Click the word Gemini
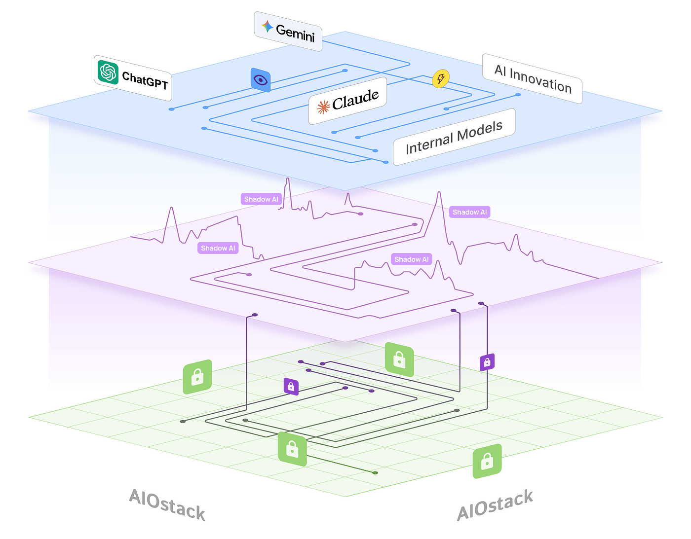tap(295, 33)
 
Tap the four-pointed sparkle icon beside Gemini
tap(267, 26)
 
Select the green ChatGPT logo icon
tap(108, 72)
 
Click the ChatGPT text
tap(145, 80)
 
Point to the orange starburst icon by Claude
tap(323, 107)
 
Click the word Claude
tap(355, 100)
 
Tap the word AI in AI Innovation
tap(500, 71)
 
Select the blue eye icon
tap(260, 80)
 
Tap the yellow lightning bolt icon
tap(441, 78)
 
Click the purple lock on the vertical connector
tap(487, 362)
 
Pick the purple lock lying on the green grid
tap(291, 387)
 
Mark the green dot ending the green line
tap(376, 472)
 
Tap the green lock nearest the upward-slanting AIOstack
tap(487, 461)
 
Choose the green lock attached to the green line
tap(292, 449)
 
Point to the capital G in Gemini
tap(280, 30)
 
